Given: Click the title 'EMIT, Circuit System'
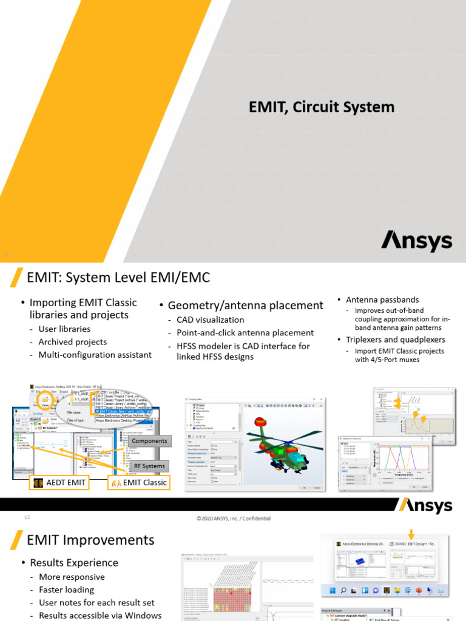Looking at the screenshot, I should pyautogui.click(x=322, y=107).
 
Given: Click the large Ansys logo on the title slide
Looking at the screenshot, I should pyautogui.click(x=416, y=240).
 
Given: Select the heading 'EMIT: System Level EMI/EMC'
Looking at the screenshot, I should pyautogui.click(x=118, y=278).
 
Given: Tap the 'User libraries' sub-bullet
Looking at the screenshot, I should pyautogui.click(x=64, y=329).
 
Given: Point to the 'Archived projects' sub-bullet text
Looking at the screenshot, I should pyautogui.click(x=72, y=341).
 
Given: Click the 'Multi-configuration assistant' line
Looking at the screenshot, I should pyautogui.click(x=95, y=354).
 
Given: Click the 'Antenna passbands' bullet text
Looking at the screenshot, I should pyautogui.click(x=382, y=300).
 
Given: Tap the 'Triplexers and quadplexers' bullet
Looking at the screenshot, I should pyautogui.click(x=396, y=339).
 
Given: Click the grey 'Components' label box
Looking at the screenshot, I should pyautogui.click(x=149, y=441).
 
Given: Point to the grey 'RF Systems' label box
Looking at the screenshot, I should pyautogui.click(x=149, y=466).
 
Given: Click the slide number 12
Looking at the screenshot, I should pyautogui.click(x=27, y=517).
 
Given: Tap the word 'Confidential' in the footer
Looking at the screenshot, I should pyautogui.click(x=254, y=519).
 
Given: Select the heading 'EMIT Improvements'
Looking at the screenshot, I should pyautogui.click(x=91, y=540).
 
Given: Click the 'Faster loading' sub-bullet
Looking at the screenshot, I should pyautogui.click(x=66, y=589).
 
